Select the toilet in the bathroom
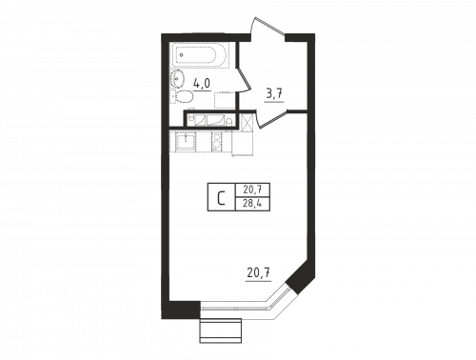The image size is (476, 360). click(177, 93)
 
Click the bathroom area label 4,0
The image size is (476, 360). click(202, 83)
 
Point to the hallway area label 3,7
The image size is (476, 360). click(273, 93)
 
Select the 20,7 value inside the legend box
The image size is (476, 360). click(252, 190)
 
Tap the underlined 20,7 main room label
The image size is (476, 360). click(258, 274)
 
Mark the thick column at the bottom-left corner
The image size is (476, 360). click(181, 309)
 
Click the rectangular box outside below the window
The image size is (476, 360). click(219, 330)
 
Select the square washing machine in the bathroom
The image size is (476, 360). click(224, 100)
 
